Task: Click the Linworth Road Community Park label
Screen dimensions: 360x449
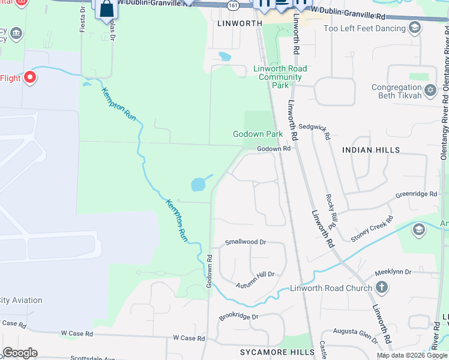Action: click(x=280, y=77)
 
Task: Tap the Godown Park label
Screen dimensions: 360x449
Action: click(x=258, y=134)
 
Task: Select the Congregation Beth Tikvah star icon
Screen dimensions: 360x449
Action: click(x=430, y=91)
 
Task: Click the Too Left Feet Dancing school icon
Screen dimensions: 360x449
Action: click(x=414, y=27)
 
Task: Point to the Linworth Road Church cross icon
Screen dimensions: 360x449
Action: click(x=381, y=287)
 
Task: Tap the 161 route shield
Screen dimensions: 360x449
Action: click(x=232, y=5)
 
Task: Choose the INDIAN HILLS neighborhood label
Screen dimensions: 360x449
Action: click(x=370, y=149)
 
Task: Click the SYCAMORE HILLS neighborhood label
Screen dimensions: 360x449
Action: click(x=277, y=352)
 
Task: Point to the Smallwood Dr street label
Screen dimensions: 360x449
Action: click(x=245, y=242)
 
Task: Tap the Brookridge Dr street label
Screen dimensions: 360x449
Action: click(x=238, y=316)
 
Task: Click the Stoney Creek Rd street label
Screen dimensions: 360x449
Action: click(x=372, y=229)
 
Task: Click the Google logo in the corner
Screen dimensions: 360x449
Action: click(x=20, y=352)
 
